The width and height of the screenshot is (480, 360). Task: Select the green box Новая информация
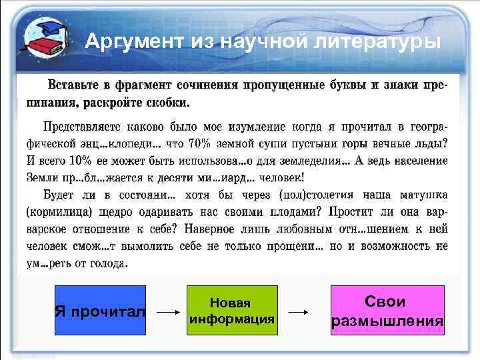pyautogui.click(x=231, y=311)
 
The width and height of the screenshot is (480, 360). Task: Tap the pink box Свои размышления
pyautogui.click(x=387, y=311)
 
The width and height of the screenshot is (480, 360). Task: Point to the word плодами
pyautogui.click(x=290, y=211)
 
